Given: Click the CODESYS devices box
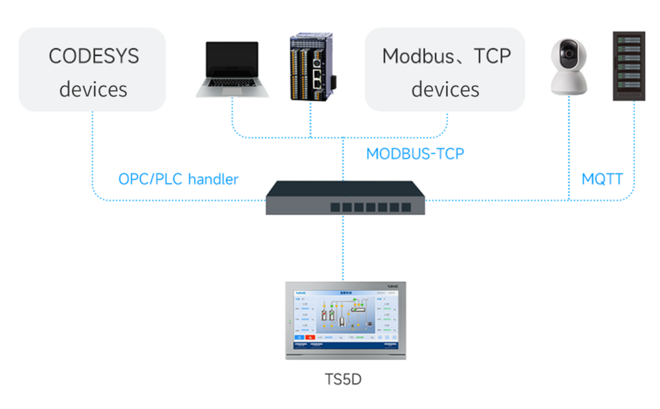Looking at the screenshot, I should point(92,70).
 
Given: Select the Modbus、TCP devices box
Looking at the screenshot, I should point(445,70).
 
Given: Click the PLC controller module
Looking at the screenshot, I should point(312,68).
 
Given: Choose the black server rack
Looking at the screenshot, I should point(628,66).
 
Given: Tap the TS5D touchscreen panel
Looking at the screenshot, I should point(345,319).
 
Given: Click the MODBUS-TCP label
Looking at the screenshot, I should point(415,154).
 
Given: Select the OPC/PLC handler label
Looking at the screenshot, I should point(179,179).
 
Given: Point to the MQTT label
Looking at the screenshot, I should point(602,179).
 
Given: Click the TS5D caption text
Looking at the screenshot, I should point(343,379).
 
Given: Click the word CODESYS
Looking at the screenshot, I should point(93,56).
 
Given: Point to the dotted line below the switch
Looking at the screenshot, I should point(343,245).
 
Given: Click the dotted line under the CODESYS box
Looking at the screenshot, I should point(92,155).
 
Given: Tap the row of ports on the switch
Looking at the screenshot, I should point(370,207).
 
